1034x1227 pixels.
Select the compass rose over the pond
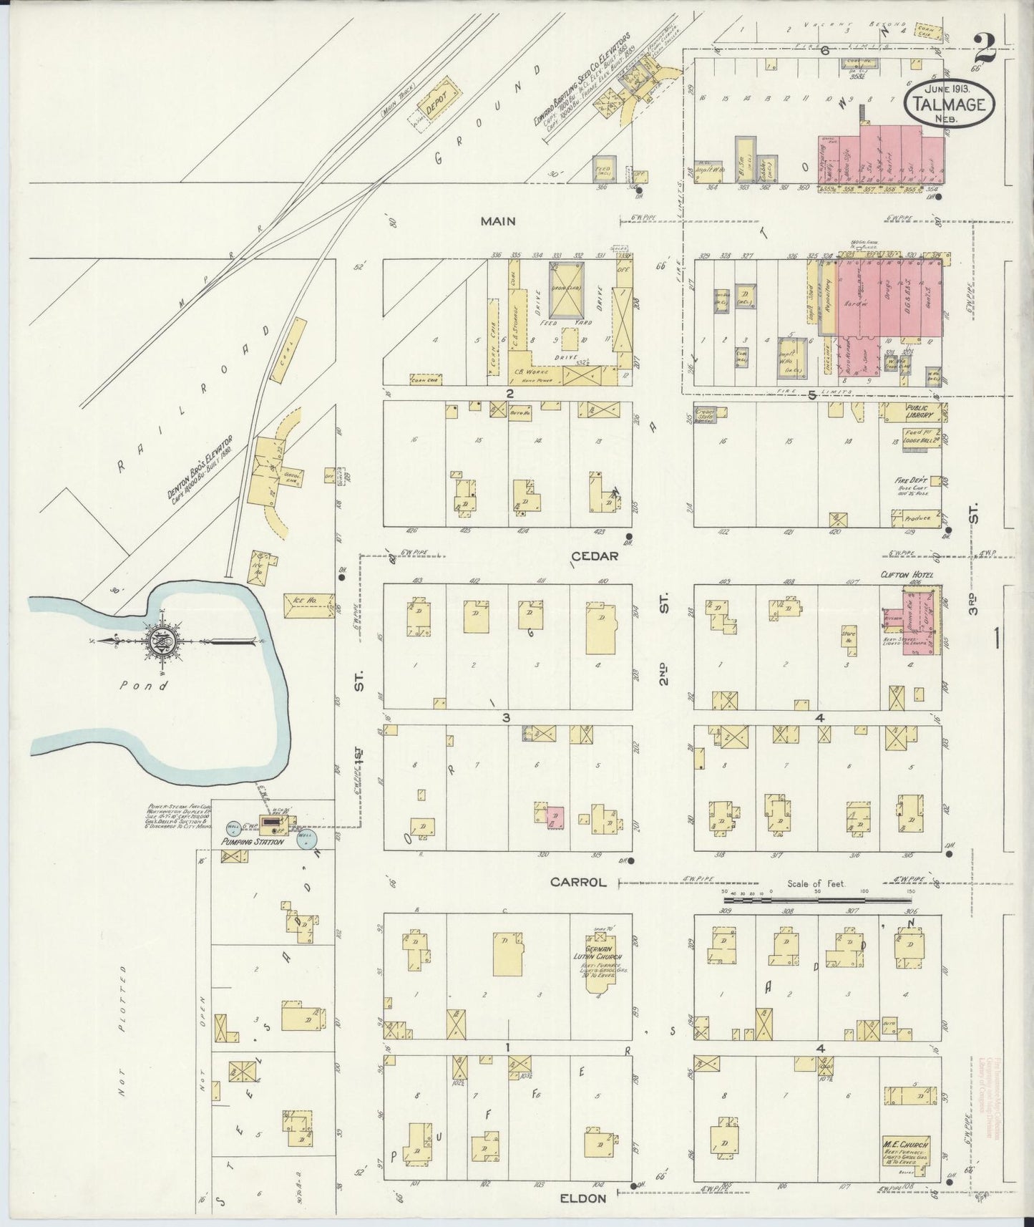coord(156,641)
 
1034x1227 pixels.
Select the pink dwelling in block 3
coord(555,816)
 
